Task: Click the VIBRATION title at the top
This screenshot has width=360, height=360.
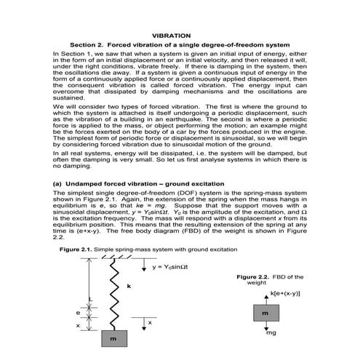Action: tap(174, 34)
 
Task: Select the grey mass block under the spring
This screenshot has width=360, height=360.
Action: tap(113, 338)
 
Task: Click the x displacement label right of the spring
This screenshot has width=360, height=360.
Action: tap(149, 321)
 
